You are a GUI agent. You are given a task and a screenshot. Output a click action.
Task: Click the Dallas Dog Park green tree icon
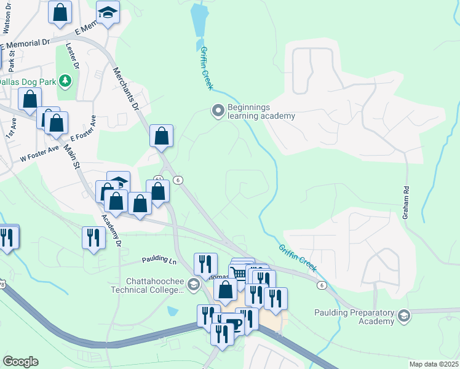pyautogui.click(x=65, y=81)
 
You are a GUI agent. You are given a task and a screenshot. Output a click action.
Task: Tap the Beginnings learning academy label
pyautogui.click(x=261, y=111)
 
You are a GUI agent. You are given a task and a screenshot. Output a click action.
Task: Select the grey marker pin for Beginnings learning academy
pyautogui.click(x=218, y=111)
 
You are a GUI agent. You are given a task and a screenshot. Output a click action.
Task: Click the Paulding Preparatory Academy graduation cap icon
pyautogui.click(x=404, y=316)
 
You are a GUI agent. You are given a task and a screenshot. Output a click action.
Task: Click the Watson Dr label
pyautogui.click(x=8, y=22)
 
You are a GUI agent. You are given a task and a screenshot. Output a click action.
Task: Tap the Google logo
pyautogui.click(x=20, y=362)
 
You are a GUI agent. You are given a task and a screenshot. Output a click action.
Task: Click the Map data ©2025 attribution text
pyautogui.click(x=433, y=364)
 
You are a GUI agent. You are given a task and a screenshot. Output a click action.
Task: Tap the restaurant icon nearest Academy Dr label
pyautogui.click(x=93, y=237)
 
